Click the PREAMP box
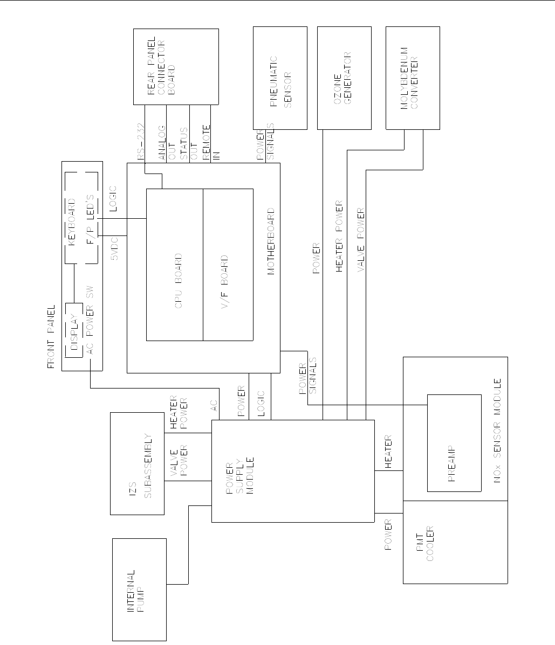coord(454,443)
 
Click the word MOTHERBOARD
coord(271,241)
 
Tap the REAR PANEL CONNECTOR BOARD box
coord(176,67)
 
